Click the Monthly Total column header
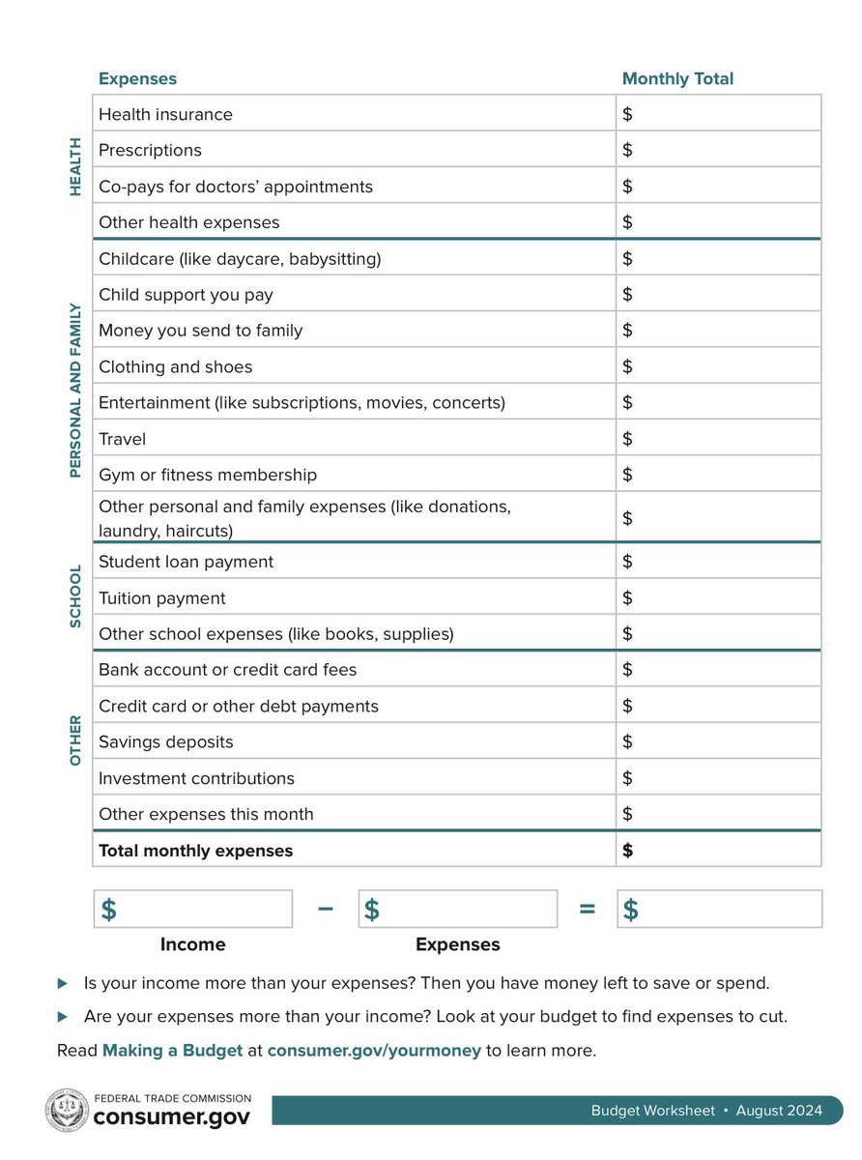click(677, 79)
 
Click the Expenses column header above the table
click(137, 79)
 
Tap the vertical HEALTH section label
click(75, 167)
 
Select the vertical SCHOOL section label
click(75, 596)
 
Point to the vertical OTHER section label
click(75, 741)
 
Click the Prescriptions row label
click(150, 150)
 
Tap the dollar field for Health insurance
click(718, 114)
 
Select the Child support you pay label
click(186, 295)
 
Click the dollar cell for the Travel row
click(718, 439)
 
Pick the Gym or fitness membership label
click(208, 475)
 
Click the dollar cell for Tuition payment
click(718, 598)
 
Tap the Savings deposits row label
click(165, 742)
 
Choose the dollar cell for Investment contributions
click(718, 778)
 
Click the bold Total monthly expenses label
click(195, 851)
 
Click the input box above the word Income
click(193, 910)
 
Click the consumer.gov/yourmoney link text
click(374, 1050)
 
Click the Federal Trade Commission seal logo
click(67, 1110)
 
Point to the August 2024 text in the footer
click(779, 1111)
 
